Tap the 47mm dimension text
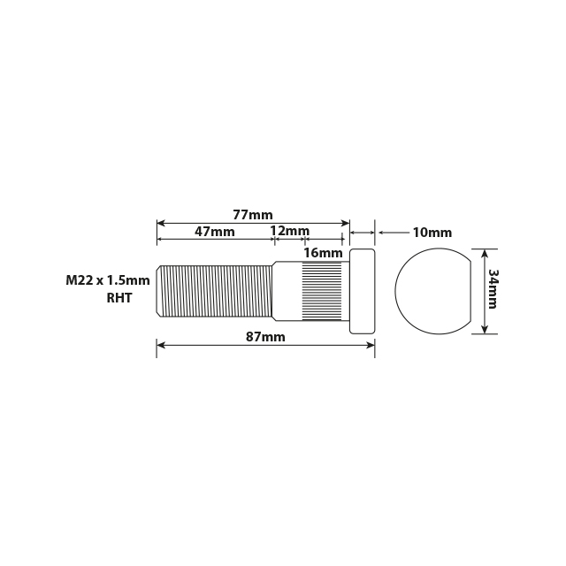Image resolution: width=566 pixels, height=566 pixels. (x=215, y=232)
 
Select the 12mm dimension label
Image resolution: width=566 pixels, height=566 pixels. (x=290, y=232)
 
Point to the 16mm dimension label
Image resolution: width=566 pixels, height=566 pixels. (x=322, y=253)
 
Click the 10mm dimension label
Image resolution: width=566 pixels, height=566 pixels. (x=432, y=233)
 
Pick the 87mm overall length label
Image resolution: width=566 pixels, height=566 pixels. (x=265, y=337)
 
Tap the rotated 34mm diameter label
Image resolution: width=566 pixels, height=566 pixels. (x=493, y=289)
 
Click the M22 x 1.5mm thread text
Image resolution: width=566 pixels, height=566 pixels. (x=107, y=280)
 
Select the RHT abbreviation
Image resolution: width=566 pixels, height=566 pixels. (x=119, y=298)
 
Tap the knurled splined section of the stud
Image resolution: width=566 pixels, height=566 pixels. (x=322, y=291)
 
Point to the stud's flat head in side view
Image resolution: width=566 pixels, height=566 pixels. (x=362, y=292)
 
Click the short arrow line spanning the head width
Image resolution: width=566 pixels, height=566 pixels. (x=363, y=233)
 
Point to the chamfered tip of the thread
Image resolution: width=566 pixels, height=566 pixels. (x=159, y=291)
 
